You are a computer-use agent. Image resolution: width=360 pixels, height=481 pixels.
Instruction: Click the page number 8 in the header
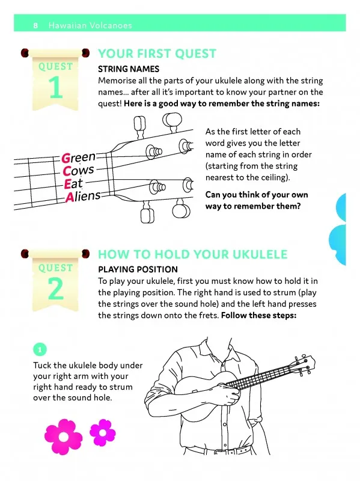click(x=35, y=25)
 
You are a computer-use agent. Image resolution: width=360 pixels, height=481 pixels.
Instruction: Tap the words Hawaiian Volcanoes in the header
click(x=90, y=25)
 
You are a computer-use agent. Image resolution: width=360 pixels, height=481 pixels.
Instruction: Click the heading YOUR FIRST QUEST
click(x=157, y=54)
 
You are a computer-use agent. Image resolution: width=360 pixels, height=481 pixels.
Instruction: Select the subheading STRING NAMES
click(x=129, y=69)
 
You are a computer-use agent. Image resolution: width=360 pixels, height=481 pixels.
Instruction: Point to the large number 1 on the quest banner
click(x=55, y=87)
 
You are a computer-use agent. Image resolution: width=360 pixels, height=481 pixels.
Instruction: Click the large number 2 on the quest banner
click(x=56, y=289)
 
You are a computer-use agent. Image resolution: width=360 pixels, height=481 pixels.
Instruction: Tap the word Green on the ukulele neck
click(x=79, y=158)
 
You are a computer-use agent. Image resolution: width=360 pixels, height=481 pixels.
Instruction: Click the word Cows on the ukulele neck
click(x=78, y=170)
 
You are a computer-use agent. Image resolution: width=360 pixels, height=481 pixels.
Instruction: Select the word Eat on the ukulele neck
click(x=73, y=184)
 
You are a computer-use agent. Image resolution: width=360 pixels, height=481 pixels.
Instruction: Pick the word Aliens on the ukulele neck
click(x=83, y=197)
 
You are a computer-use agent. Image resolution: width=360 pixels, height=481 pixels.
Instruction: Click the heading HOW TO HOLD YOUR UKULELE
click(x=192, y=254)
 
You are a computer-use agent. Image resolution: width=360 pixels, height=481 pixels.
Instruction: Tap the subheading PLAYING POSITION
click(x=138, y=269)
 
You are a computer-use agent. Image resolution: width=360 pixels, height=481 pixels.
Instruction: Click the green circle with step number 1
click(x=40, y=349)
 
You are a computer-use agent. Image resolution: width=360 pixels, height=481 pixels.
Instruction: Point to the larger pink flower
click(x=64, y=437)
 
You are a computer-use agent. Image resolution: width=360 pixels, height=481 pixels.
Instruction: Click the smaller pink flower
click(x=103, y=432)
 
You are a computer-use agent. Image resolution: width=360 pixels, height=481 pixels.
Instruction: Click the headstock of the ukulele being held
click(x=304, y=364)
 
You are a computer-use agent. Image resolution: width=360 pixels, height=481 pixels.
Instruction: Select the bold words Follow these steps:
click(x=259, y=315)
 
